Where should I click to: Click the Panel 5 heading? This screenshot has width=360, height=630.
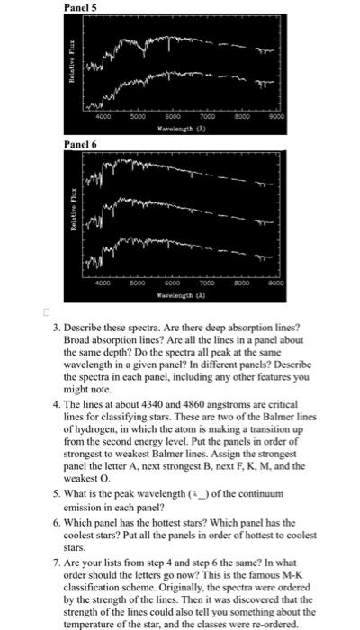coord(80,7)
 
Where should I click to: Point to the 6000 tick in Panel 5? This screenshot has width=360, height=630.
coord(168,116)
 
